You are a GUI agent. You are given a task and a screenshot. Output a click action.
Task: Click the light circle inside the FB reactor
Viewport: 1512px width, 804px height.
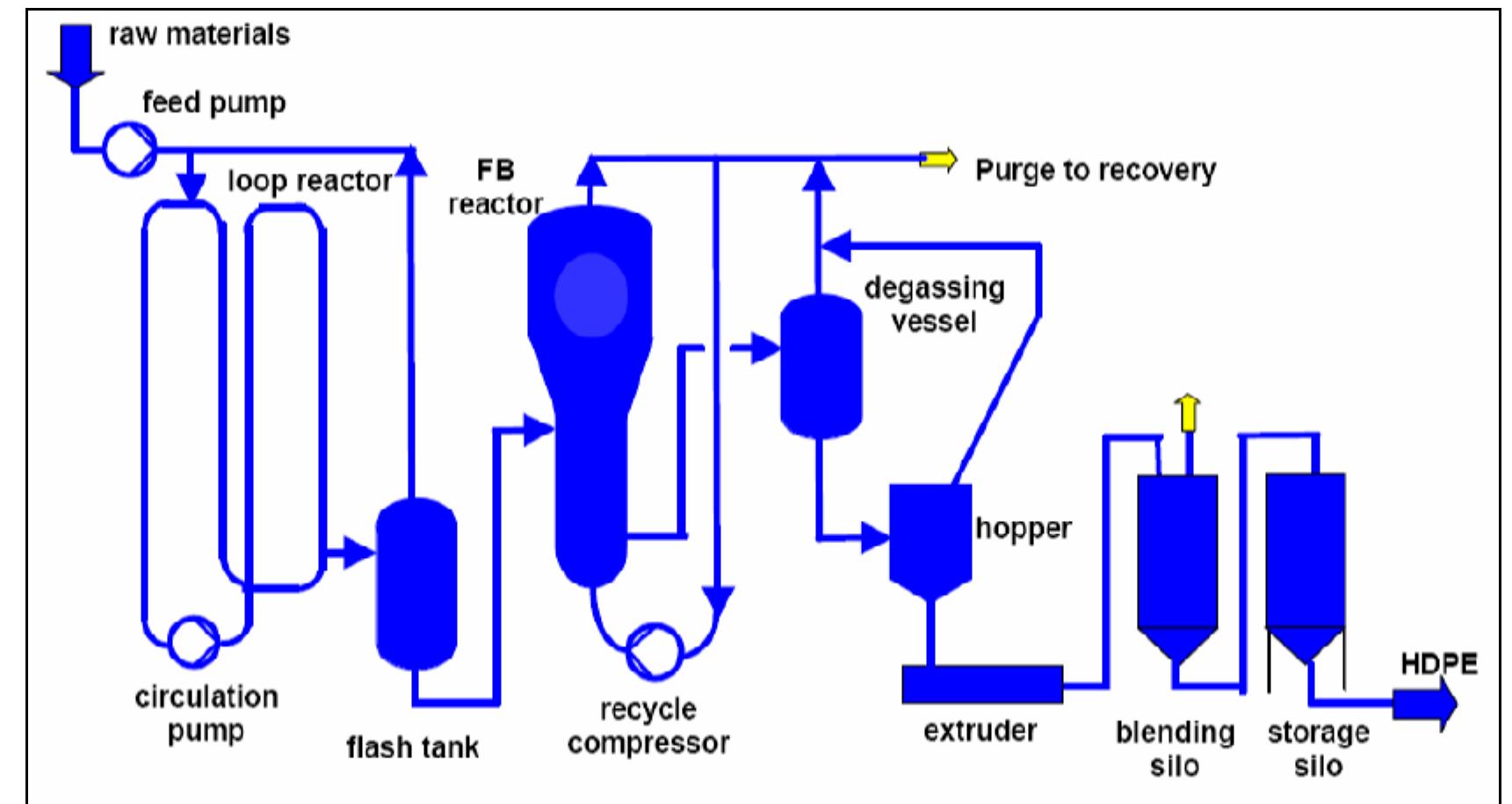click(591, 296)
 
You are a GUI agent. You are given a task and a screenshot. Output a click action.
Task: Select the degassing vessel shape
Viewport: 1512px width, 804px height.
click(821, 366)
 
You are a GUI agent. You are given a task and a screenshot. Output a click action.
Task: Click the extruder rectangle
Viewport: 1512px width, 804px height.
click(982, 684)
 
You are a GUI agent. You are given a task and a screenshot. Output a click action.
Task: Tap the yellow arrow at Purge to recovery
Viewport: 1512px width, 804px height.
click(939, 159)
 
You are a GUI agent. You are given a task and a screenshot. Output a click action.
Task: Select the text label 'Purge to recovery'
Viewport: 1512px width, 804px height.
click(1096, 170)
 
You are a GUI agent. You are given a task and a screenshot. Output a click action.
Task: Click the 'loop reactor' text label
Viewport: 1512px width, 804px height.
click(309, 181)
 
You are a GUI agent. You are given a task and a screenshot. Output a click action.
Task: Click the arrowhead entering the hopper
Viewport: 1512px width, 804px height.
click(875, 536)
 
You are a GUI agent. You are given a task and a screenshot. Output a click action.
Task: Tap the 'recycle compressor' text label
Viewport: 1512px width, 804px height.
click(648, 726)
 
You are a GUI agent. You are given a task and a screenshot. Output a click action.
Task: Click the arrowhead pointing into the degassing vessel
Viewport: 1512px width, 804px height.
click(764, 349)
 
